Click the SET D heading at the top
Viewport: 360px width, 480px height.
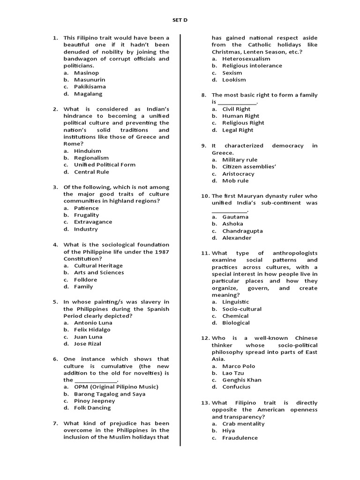[180, 20]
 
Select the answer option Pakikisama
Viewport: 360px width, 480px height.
[90, 87]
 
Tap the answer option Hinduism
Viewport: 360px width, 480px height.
[87, 151]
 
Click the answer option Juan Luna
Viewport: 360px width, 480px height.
[88, 337]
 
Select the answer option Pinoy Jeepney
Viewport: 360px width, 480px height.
[94, 401]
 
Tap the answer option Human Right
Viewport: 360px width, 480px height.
[240, 116]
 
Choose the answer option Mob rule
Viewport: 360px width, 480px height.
[235, 180]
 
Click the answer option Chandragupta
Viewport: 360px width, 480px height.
[242, 231]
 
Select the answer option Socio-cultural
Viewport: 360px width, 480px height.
[242, 309]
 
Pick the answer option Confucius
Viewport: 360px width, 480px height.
[236, 387]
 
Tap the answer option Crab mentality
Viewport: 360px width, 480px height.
[243, 423]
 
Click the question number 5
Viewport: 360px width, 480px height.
[55, 302]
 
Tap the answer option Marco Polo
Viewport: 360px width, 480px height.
[240, 366]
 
